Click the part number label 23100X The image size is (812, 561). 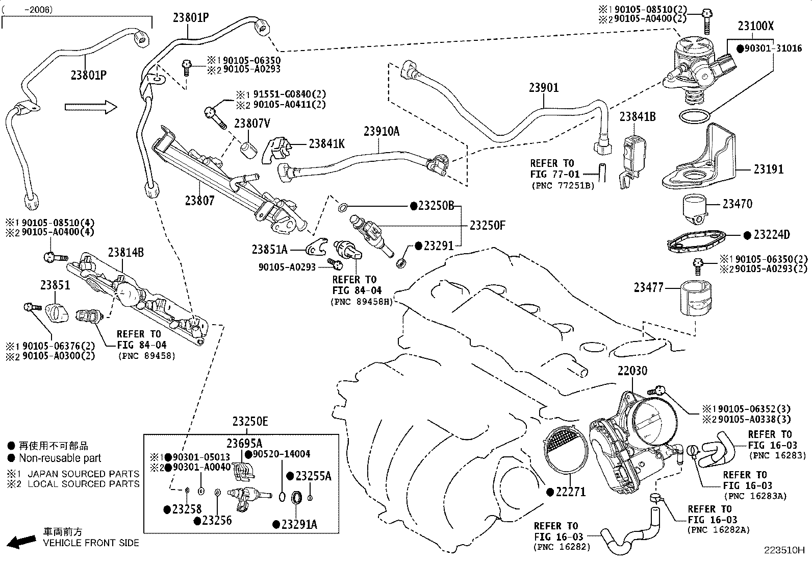[x=756, y=26]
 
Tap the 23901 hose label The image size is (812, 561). [x=544, y=87]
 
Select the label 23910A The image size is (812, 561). [x=382, y=131]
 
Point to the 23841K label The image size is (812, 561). [x=326, y=144]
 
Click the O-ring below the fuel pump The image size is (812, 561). [x=694, y=116]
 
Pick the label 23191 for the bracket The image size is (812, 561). [x=769, y=169]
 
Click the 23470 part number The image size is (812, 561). [x=738, y=204]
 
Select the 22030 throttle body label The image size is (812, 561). [x=632, y=371]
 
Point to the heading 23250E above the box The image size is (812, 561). [x=250, y=422]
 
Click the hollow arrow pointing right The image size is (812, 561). [x=91, y=107]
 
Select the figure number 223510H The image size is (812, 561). [x=784, y=550]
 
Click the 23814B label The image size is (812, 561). [x=126, y=252]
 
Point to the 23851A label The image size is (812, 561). [x=270, y=250]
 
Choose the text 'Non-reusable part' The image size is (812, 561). [x=60, y=458]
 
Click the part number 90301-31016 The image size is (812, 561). [x=773, y=48]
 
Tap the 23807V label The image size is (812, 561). [x=252, y=124]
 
